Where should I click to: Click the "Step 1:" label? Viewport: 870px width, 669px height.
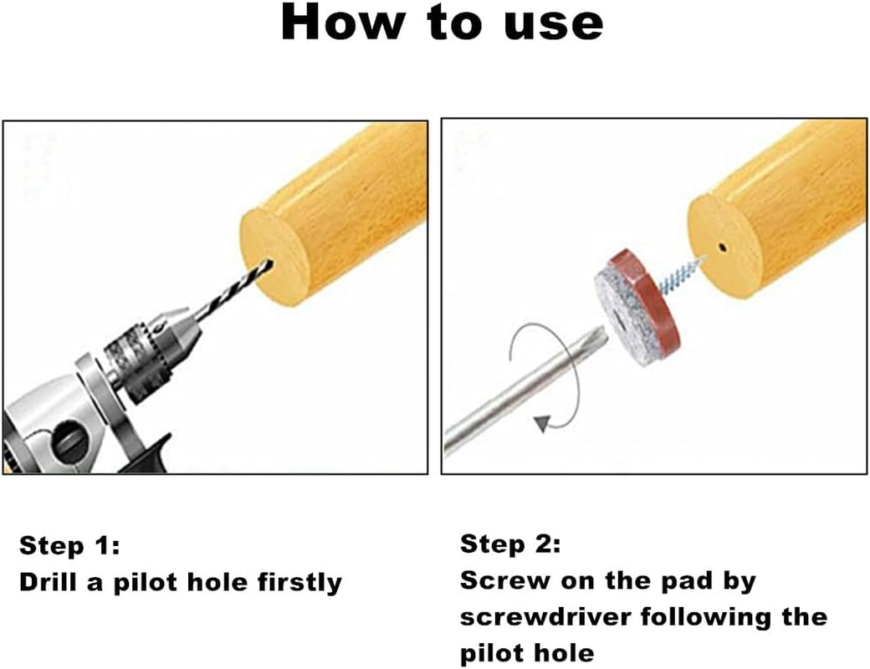(69, 546)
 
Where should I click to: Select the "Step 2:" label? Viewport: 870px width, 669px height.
(510, 544)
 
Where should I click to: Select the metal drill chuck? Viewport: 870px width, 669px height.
(152, 352)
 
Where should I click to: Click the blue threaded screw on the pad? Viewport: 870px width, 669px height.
(680, 275)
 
